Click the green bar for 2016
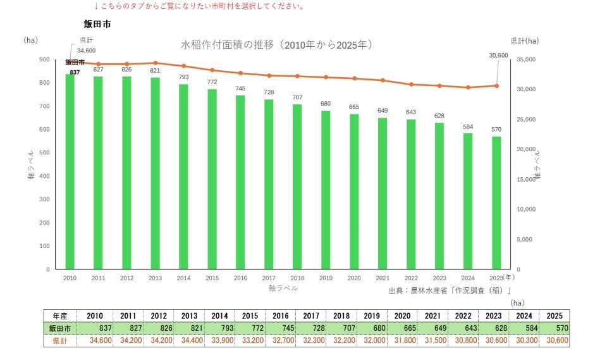(240, 182)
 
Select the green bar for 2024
(468, 201)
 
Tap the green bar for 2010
(70, 171)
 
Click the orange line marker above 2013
(156, 63)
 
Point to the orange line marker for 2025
(496, 85)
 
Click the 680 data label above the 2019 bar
(326, 104)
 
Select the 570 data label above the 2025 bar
(496, 130)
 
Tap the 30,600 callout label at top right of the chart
(499, 56)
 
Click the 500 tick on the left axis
(44, 152)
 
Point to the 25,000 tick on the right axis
(526, 120)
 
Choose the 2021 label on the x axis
(383, 278)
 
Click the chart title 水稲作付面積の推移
(227, 45)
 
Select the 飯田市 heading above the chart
(97, 24)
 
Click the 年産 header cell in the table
(60, 316)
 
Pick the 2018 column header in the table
(341, 316)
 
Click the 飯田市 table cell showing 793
(220, 328)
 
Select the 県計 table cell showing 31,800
(402, 340)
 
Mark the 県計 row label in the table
(60, 340)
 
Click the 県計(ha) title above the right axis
(525, 40)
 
